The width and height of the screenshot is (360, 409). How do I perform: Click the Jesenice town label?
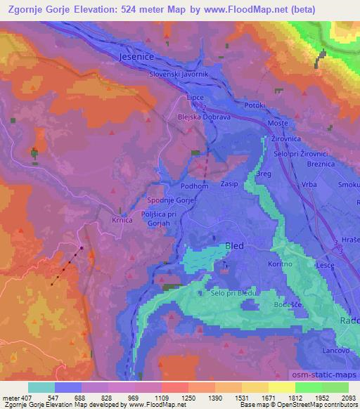pos(135,56)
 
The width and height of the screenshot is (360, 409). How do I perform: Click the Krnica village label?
pos(123,219)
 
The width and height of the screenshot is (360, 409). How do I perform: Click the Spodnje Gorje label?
pos(171,200)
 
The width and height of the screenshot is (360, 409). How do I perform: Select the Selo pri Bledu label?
pos(234,292)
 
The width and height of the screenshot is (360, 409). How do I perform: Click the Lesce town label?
pos(304,265)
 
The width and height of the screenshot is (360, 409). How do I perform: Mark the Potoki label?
pos(255,105)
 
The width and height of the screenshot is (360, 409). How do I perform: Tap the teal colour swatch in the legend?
pos(41,387)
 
